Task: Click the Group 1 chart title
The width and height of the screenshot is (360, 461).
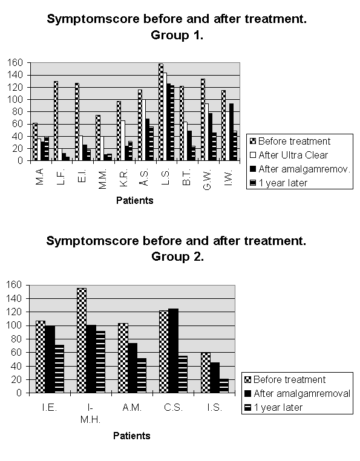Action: click(177, 27)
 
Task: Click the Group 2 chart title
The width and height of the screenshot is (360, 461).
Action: click(177, 249)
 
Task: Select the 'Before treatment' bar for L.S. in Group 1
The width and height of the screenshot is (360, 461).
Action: click(161, 112)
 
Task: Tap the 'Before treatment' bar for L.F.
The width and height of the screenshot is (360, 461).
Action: click(56, 121)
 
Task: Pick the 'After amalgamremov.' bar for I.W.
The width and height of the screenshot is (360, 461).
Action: click(232, 132)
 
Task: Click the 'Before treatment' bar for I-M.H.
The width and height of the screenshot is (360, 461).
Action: click(82, 341)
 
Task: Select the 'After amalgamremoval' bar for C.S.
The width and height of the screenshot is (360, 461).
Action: click(174, 351)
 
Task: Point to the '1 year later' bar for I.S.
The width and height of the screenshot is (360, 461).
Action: click(224, 386)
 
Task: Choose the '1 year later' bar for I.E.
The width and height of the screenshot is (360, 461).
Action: click(59, 368)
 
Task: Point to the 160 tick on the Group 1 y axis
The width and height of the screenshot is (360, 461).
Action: click(15, 63)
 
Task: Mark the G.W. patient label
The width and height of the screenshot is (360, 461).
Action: click(207, 180)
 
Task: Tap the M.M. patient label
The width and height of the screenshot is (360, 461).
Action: click(102, 179)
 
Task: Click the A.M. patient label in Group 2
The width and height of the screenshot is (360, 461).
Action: click(132, 408)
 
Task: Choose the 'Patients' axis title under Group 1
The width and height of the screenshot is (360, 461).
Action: click(135, 200)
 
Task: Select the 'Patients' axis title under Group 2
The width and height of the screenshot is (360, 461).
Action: click(132, 436)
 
